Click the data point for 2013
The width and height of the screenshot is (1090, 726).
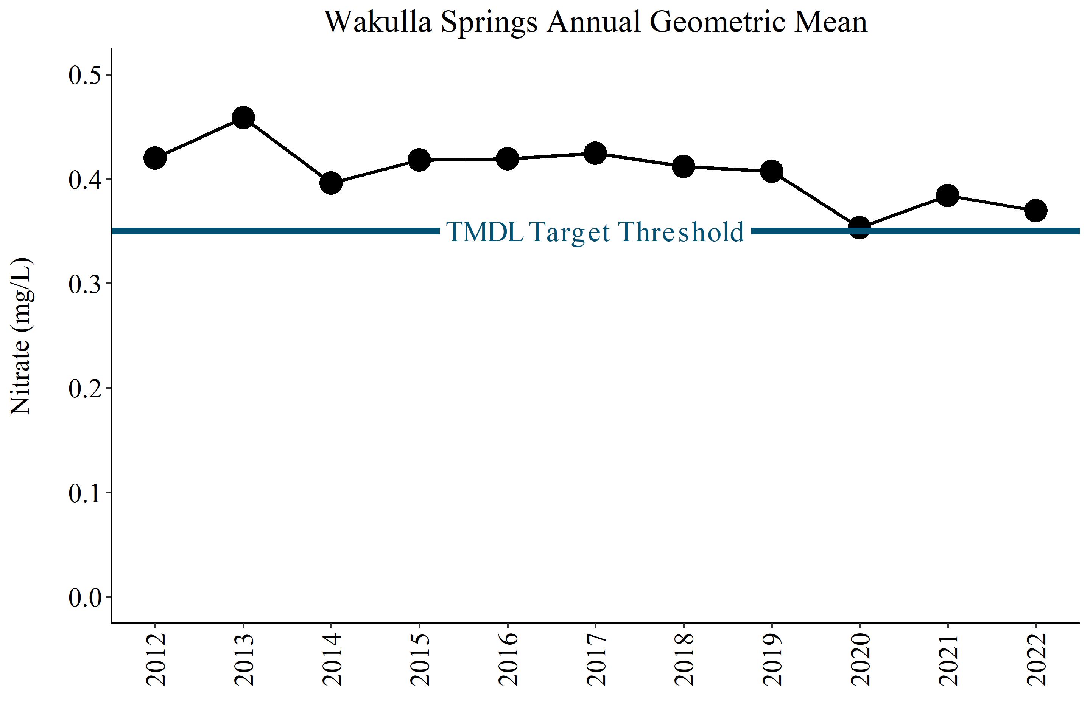pos(243,118)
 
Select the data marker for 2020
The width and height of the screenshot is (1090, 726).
pos(860,227)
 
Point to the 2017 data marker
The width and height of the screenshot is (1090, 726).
pos(595,153)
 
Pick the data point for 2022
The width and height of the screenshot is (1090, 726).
pos(1036,211)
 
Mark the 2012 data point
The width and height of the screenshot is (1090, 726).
pos(155,158)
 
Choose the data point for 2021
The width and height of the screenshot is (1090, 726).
pos(948,195)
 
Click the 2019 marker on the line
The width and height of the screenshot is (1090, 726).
pos(772,171)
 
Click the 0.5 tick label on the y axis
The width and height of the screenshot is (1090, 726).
pos(85,75)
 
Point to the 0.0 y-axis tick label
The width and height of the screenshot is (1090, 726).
pos(85,597)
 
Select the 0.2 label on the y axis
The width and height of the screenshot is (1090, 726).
pos(85,388)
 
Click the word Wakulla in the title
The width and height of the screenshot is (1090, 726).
pos(378,22)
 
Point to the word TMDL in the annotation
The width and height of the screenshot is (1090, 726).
pos(485,232)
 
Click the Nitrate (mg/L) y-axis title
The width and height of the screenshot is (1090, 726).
pos(21,336)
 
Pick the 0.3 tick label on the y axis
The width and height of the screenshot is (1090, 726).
pos(85,284)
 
